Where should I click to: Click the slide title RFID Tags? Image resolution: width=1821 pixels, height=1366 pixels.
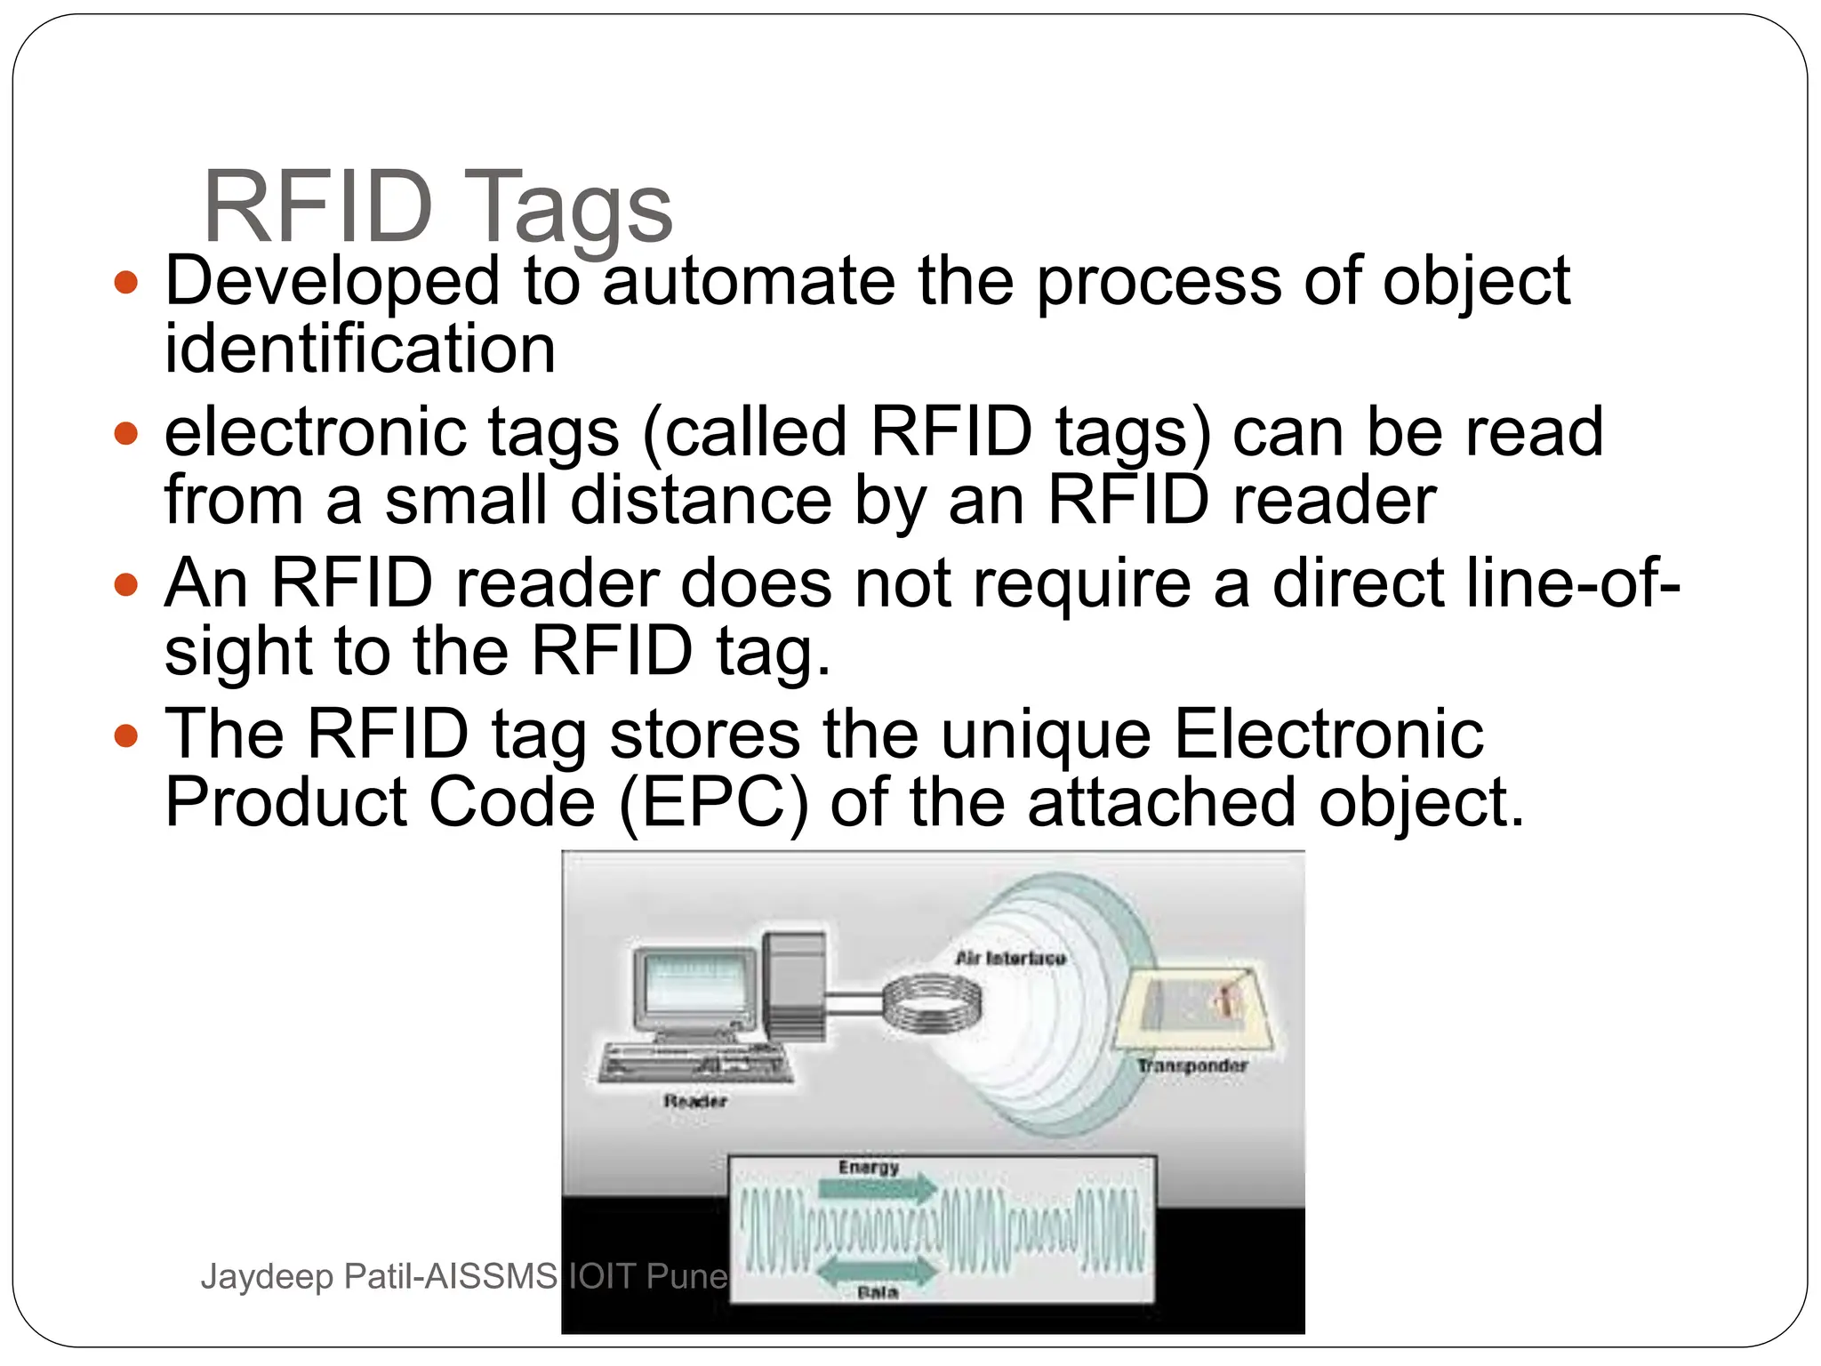(437, 206)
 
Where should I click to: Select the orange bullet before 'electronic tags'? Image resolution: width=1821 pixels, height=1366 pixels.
(127, 433)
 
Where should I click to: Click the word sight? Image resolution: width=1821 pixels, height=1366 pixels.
(238, 650)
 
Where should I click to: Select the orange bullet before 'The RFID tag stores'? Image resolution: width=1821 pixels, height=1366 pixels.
(127, 735)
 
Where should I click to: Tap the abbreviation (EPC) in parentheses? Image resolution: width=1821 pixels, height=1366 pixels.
(713, 802)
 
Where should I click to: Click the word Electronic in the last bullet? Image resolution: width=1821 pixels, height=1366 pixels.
(1328, 735)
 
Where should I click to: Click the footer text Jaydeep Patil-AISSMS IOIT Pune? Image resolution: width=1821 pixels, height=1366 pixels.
(464, 1277)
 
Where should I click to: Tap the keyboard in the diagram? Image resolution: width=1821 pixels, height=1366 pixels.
(695, 1064)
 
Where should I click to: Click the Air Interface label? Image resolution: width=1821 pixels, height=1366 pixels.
(1010, 958)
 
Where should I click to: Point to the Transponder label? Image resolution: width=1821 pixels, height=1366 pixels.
(1192, 1065)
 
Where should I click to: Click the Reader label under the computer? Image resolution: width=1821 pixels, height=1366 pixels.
(694, 1101)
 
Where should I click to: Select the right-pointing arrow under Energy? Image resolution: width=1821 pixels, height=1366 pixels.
(875, 1188)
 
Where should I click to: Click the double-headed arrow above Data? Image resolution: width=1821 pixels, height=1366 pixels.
(875, 1272)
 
